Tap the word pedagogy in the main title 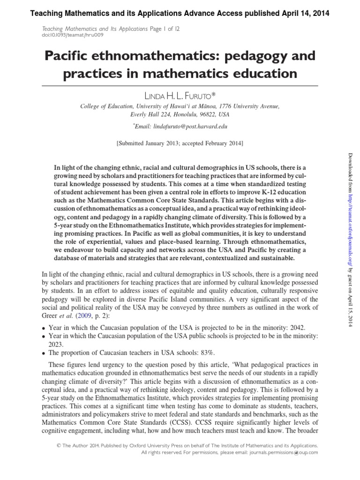click(x=261, y=57)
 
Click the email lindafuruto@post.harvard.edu click(x=184, y=127)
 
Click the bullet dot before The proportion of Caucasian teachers click(x=44, y=352)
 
